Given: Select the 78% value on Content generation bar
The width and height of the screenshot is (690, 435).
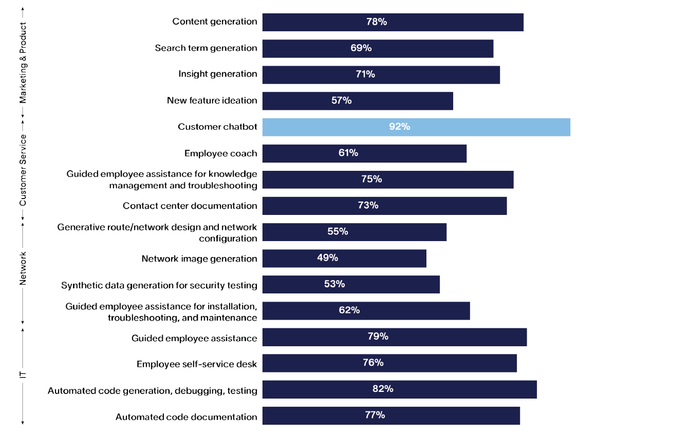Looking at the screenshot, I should [x=376, y=22].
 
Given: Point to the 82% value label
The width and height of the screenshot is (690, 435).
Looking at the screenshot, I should [x=383, y=389].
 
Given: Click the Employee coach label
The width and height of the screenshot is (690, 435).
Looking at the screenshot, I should [x=221, y=153].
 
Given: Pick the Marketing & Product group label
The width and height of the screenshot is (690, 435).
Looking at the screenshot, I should [x=23, y=63].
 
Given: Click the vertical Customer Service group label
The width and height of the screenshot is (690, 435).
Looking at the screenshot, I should [x=23, y=170].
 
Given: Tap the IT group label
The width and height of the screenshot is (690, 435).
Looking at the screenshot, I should [x=23, y=373].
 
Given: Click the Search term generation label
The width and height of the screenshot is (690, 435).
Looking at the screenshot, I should [x=206, y=48].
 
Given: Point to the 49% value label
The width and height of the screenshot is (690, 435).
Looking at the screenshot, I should [x=327, y=258].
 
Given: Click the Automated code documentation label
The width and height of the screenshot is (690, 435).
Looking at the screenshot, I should [x=187, y=417].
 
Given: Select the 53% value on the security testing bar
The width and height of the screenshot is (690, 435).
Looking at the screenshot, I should [x=334, y=284].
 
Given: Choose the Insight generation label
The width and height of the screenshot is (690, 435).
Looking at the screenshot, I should [x=218, y=74].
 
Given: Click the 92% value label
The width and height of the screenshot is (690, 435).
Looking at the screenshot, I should [x=399, y=127].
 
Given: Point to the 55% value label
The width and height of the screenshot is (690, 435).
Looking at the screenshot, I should [x=338, y=232].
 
